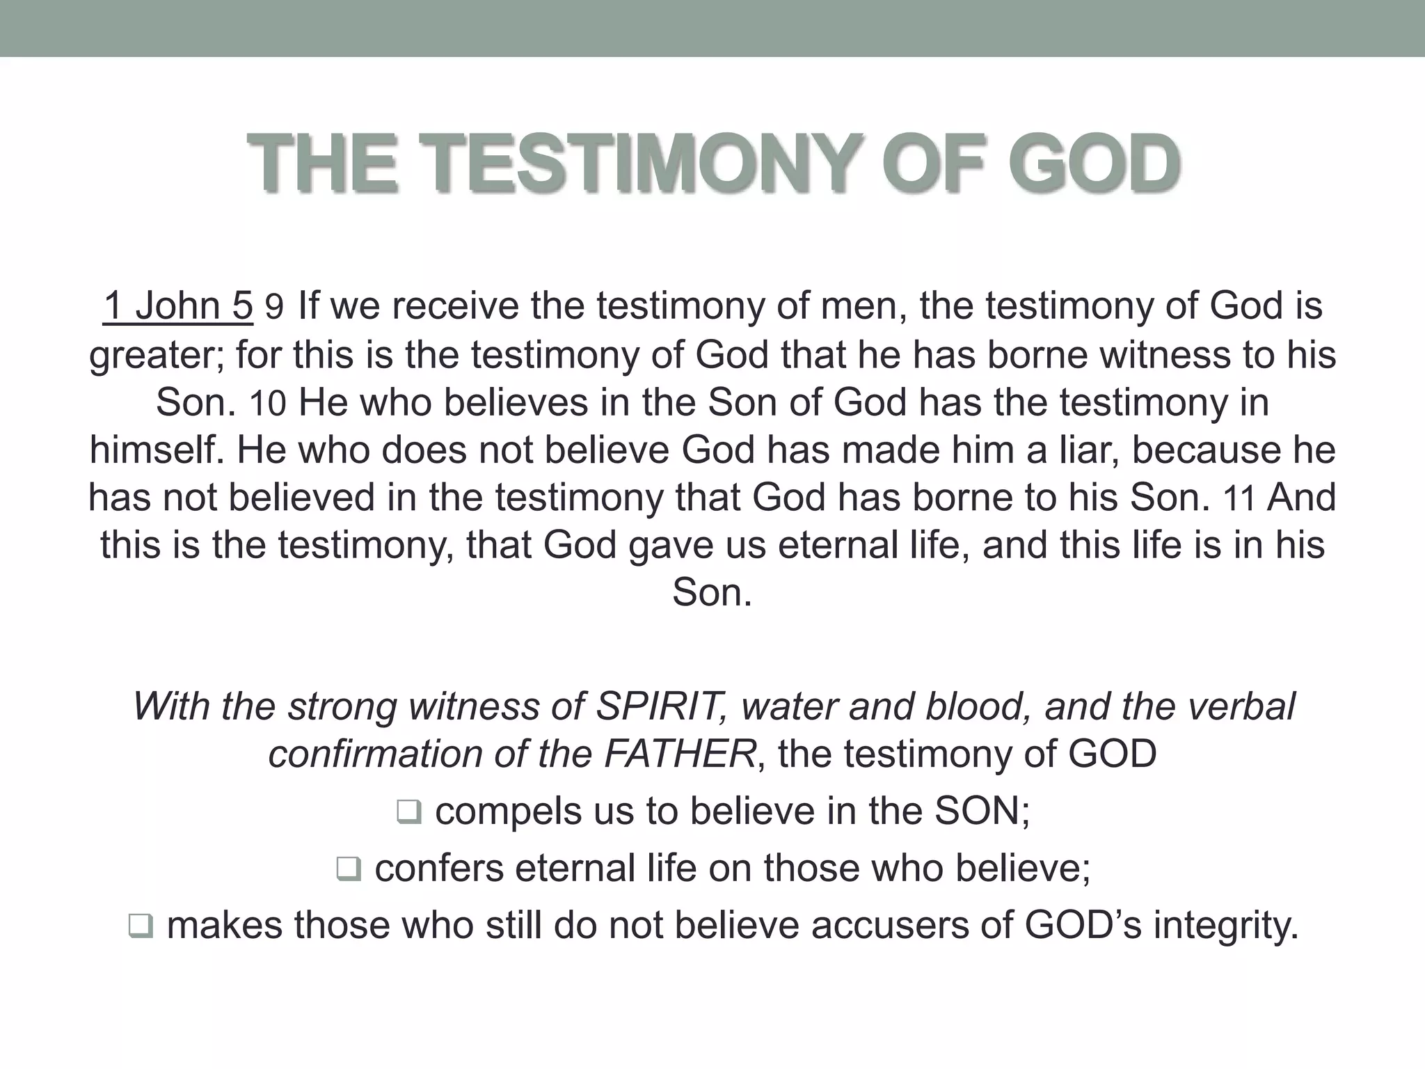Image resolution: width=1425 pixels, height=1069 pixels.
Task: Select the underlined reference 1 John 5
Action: click(178, 306)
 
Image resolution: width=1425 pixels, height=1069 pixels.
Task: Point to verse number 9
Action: click(274, 308)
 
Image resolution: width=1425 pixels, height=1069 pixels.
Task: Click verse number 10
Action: click(268, 404)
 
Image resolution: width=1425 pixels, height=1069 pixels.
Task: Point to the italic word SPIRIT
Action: click(657, 706)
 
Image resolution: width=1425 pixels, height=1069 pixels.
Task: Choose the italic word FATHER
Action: click(679, 754)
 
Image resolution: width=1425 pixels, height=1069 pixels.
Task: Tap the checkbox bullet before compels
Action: click(409, 812)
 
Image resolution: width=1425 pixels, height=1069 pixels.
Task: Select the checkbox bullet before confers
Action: click(349, 869)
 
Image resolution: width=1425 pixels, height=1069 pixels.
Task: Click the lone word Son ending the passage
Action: click(712, 593)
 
